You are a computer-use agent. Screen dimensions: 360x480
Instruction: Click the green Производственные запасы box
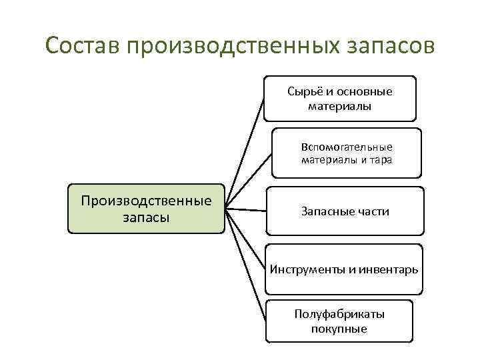[x=146, y=209]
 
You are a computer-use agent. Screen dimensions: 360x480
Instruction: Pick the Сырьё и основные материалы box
[x=339, y=98]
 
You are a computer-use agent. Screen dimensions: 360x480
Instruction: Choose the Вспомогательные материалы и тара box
[x=347, y=153]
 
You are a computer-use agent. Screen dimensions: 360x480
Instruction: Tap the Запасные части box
[x=345, y=211]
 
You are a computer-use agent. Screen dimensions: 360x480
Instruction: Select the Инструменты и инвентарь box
[x=344, y=269]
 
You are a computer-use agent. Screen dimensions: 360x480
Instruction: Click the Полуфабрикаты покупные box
[x=339, y=321]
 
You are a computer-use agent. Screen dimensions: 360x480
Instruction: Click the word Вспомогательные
[x=347, y=147]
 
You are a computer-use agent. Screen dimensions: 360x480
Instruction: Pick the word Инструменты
[x=308, y=269]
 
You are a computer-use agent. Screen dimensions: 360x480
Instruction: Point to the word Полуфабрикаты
[x=339, y=314]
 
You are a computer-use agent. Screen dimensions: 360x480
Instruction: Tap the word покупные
[x=339, y=329]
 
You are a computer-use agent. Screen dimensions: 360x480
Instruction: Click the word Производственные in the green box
[x=146, y=201]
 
